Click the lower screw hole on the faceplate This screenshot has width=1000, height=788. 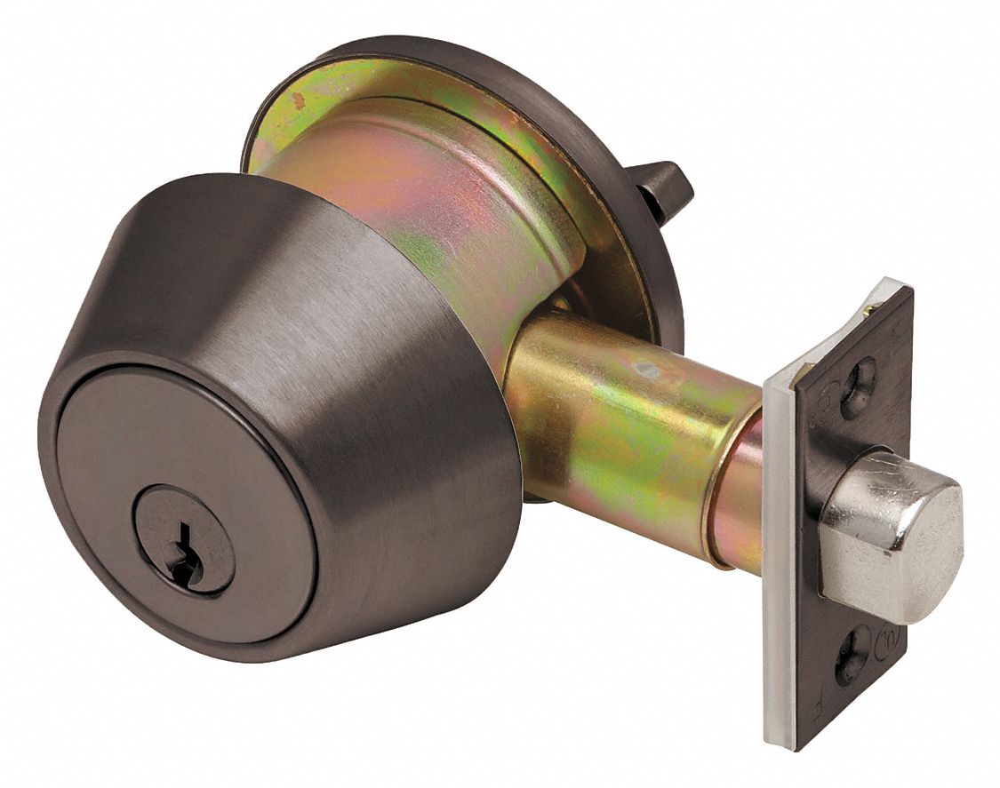854,656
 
